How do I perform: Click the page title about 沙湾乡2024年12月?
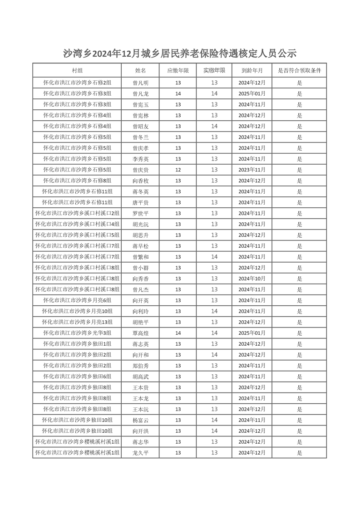[180, 54]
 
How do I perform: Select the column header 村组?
[77, 70]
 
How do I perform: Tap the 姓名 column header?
[140, 70]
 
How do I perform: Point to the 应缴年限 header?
[178, 70]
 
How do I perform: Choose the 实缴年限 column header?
[214, 70]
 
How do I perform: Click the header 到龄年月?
[252, 70]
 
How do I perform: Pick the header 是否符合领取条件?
[299, 70]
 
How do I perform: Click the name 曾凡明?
[140, 83]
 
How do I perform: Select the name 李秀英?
[140, 159]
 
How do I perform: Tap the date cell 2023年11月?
[252, 170]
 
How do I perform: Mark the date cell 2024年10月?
[252, 279]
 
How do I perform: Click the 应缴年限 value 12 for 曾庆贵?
[178, 170]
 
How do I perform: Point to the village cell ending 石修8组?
[77, 181]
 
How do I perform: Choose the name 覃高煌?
[140, 333]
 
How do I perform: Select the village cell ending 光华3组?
[77, 333]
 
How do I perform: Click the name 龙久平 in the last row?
[140, 453]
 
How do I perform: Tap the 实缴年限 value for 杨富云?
[214, 420]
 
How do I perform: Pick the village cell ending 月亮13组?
[77, 322]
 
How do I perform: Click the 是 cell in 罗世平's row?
[299, 214]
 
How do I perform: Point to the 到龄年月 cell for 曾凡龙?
[252, 94]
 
